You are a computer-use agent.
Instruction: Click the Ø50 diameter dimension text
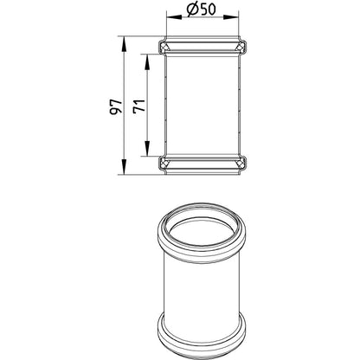(x=201, y=10)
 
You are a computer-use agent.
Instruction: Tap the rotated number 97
(x=116, y=107)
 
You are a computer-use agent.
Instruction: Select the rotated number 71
(x=139, y=106)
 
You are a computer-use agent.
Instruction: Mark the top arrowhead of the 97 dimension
(x=124, y=44)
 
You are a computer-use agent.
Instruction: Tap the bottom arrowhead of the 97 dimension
(x=124, y=166)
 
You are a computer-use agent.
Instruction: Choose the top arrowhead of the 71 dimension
(x=147, y=61)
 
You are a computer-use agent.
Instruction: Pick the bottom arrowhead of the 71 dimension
(x=147, y=148)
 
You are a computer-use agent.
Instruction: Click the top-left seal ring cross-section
(x=164, y=47)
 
